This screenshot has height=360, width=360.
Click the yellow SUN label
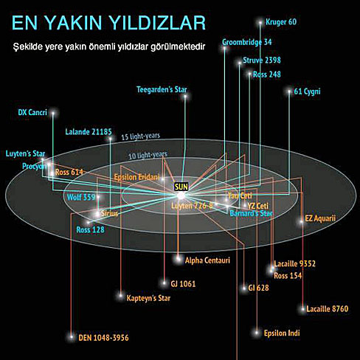click(181, 187)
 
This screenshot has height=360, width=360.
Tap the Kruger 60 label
click(281, 22)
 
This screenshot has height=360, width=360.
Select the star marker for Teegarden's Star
click(185, 97)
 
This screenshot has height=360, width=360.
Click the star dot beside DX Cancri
click(53, 113)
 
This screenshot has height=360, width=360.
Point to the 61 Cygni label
click(307, 91)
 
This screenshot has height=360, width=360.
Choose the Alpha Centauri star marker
click(179, 259)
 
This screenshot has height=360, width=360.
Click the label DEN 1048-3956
click(103, 338)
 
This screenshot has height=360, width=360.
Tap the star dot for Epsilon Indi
click(257, 333)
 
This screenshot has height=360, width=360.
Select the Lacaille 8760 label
click(328, 309)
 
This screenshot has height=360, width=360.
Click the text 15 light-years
click(141, 136)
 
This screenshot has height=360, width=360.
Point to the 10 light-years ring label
click(148, 155)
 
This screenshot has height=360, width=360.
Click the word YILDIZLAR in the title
click(157, 23)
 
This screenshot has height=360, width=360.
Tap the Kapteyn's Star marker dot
click(120, 295)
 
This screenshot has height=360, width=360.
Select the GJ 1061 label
click(183, 284)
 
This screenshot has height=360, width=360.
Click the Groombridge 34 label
click(247, 42)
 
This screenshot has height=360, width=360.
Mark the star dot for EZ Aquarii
click(301, 221)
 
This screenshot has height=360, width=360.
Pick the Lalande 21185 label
click(89, 132)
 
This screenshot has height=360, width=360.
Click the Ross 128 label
click(90, 229)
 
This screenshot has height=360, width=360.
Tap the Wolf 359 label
click(81, 197)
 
